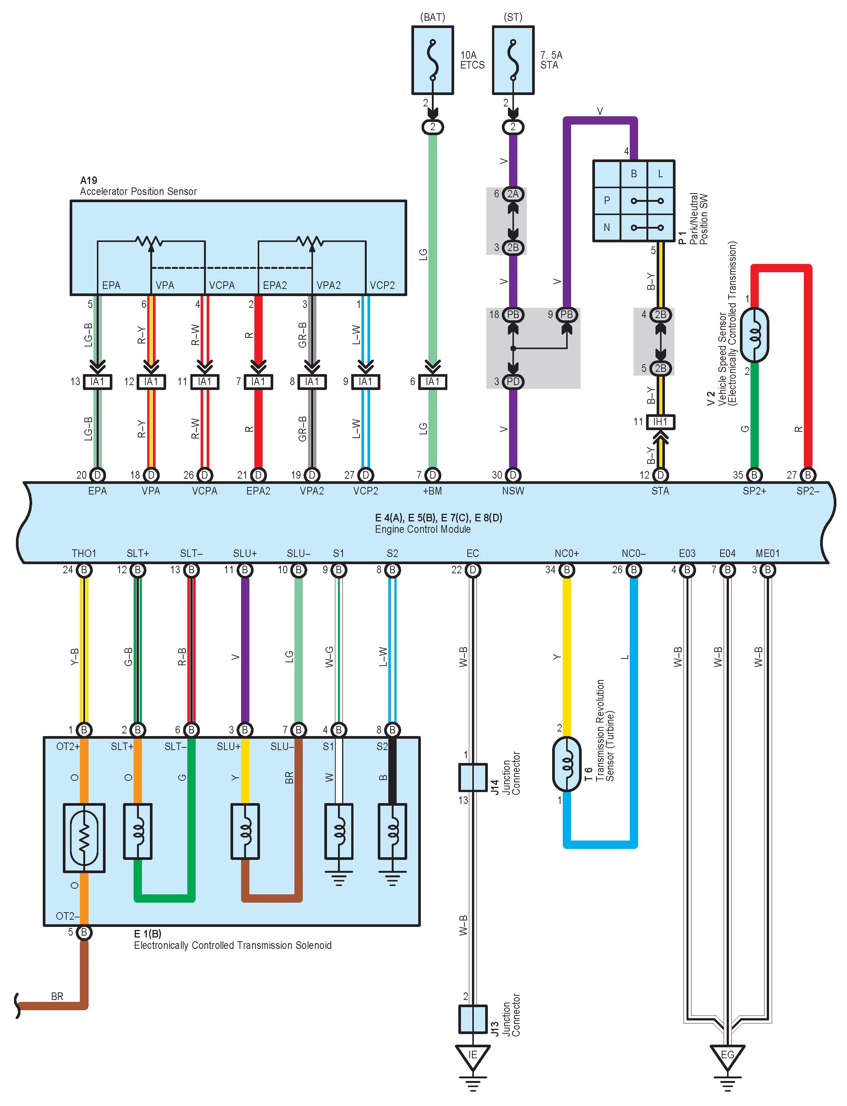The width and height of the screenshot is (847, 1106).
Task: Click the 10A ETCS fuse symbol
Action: coord(433,61)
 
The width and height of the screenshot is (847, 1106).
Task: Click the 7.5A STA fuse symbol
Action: coord(513,61)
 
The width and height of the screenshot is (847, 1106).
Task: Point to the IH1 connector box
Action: coord(660,422)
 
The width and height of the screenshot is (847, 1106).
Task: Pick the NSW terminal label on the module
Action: coord(513,491)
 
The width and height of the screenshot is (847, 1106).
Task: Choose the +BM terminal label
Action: coord(432,491)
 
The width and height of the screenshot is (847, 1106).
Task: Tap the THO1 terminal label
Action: coord(84,553)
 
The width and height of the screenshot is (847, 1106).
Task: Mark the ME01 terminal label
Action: coord(768,553)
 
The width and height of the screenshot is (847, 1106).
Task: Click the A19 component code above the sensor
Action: coord(89,180)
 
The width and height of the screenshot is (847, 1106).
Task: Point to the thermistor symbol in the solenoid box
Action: coord(84,838)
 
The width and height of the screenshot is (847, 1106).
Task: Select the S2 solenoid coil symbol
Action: coord(392,831)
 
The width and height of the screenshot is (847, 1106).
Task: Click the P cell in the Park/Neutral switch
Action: coord(607,200)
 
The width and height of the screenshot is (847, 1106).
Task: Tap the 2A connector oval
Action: coord(513,193)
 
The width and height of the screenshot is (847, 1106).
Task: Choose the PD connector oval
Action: coord(513,381)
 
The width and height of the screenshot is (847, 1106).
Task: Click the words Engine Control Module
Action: coord(422,529)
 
